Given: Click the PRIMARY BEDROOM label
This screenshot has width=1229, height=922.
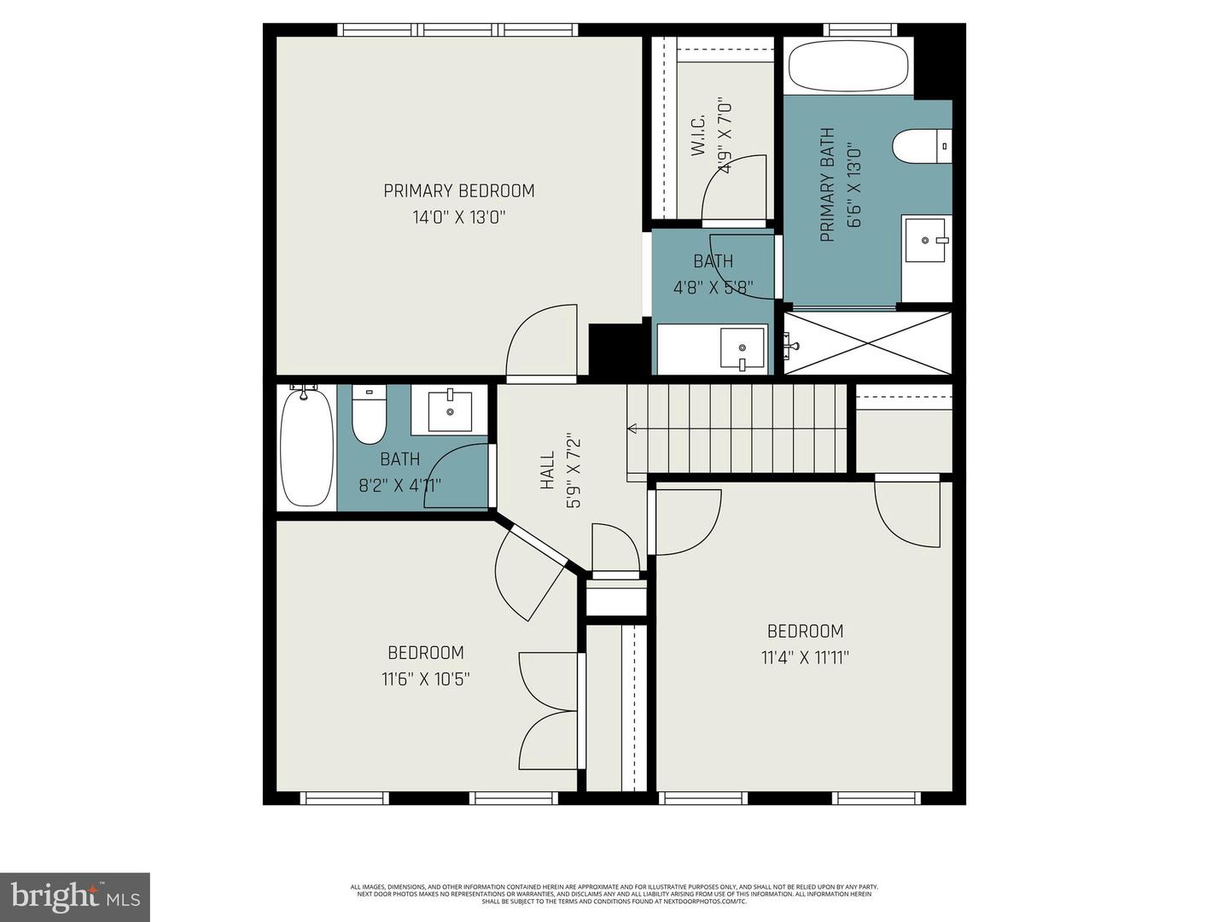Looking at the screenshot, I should pyautogui.click(x=458, y=190).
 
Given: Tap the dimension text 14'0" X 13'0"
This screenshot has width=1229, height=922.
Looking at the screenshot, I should pyautogui.click(x=459, y=217).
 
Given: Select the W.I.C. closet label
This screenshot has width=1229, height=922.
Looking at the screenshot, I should pyautogui.click(x=697, y=135).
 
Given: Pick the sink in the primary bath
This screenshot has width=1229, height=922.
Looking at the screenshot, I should pyautogui.click(x=926, y=240).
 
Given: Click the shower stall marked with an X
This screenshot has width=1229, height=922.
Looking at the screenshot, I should pyautogui.click(x=867, y=343).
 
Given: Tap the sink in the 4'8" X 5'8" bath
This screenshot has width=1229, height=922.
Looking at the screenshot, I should pyautogui.click(x=742, y=347).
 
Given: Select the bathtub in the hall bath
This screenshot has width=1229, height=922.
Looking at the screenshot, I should pyautogui.click(x=306, y=447).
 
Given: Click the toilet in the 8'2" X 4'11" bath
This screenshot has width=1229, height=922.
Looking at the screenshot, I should pyautogui.click(x=370, y=415).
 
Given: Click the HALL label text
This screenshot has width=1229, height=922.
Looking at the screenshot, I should pyautogui.click(x=547, y=472).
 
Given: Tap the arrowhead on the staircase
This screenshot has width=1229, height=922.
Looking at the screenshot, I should pyautogui.click(x=632, y=429).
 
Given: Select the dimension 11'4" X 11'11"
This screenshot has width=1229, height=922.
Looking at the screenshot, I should pyautogui.click(x=805, y=657).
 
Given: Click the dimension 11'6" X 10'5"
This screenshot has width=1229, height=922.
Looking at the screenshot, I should pyautogui.click(x=425, y=679).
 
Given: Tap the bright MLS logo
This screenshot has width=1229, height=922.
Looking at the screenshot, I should pyautogui.click(x=75, y=896).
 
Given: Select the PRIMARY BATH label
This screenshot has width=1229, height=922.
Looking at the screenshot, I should pyautogui.click(x=826, y=185).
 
